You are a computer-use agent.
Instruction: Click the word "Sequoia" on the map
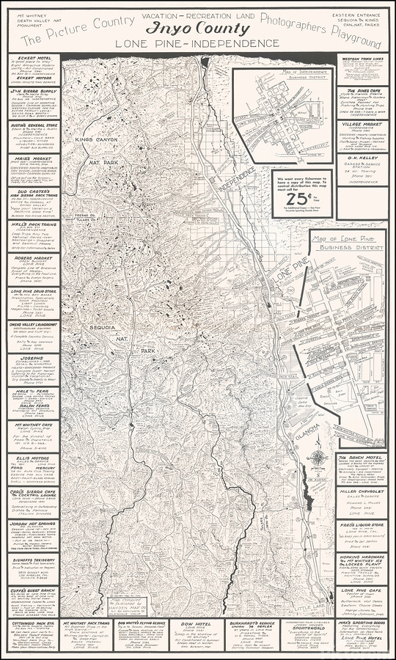click(102, 320)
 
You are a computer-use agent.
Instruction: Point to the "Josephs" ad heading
click(30, 359)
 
